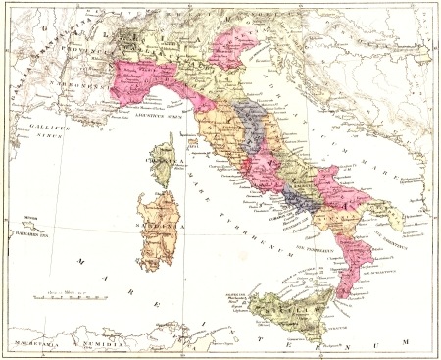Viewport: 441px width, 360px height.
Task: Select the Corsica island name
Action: click(x=163, y=157)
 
